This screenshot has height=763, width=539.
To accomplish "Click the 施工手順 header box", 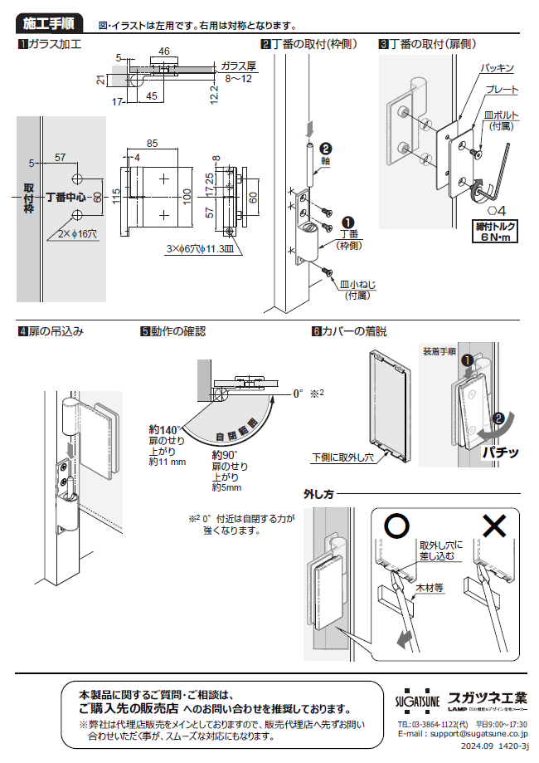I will pyautogui.click(x=52, y=22).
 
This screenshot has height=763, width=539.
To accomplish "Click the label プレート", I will pyautogui.click(x=503, y=89).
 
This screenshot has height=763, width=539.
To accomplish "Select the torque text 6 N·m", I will pyautogui.click(x=495, y=236).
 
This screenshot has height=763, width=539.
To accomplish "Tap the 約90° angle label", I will pyautogui.click(x=226, y=455).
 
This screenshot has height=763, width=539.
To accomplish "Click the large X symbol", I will pyautogui.click(x=494, y=526).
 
